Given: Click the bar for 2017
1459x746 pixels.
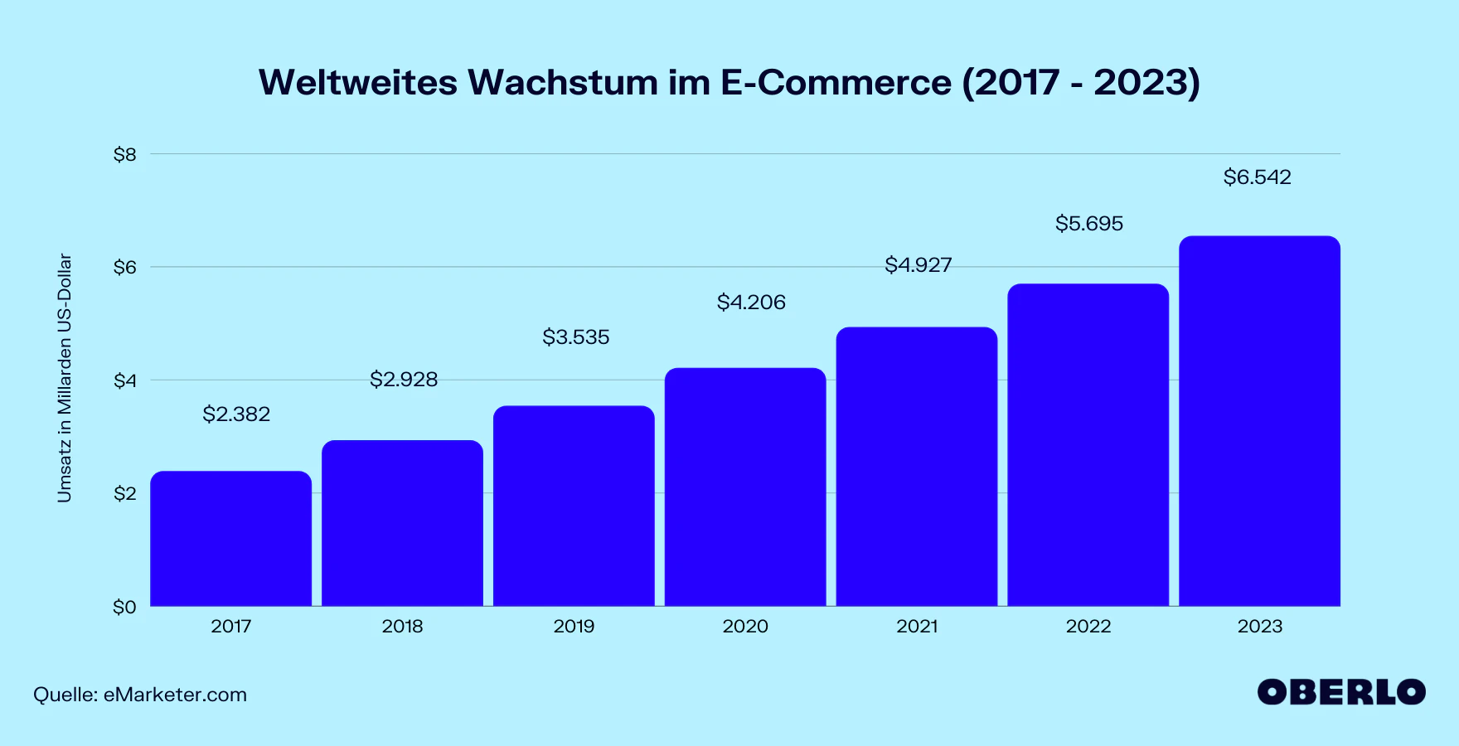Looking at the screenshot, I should tap(230, 539).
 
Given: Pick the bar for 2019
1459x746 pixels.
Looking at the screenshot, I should tap(574, 506).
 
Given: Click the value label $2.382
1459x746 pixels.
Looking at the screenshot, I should tap(236, 414).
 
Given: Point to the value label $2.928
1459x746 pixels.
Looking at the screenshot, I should tap(404, 380).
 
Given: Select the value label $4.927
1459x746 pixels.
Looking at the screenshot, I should tap(918, 265).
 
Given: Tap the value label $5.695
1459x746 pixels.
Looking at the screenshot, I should tap(1089, 224).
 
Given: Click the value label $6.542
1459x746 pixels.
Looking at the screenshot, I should tap(1257, 177).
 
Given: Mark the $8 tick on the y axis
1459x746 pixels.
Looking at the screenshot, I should tap(125, 155).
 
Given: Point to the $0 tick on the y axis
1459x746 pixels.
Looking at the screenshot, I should tap(124, 608).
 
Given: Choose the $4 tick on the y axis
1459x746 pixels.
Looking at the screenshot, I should tap(125, 381).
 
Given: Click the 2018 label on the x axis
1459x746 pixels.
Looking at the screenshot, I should tap(402, 627).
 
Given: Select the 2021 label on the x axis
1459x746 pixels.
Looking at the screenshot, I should tap(917, 627).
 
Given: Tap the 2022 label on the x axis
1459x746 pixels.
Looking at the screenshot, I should tap(1088, 627).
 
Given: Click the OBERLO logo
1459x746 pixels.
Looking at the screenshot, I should tap(1341, 692).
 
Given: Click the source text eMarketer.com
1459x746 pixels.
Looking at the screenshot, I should tap(175, 695).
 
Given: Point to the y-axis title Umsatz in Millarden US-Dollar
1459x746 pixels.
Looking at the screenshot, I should tap(65, 378).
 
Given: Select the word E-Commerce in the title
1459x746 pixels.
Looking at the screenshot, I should tap(836, 83).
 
